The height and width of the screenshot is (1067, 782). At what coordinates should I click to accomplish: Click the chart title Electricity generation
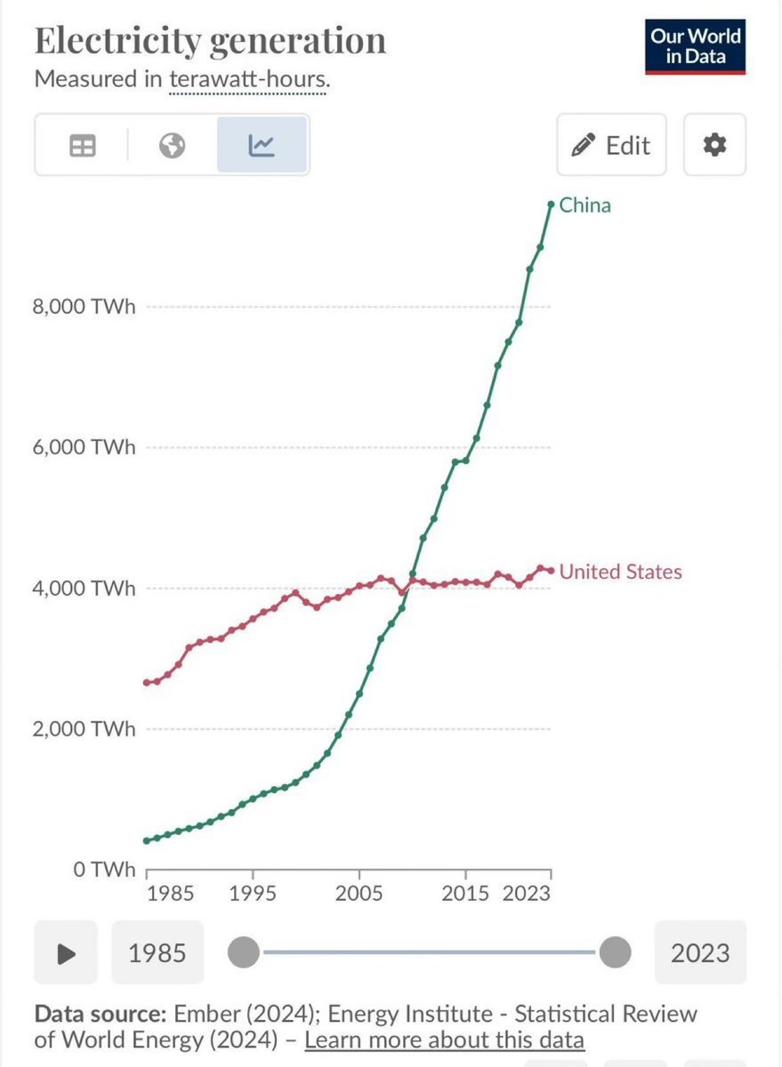(210, 42)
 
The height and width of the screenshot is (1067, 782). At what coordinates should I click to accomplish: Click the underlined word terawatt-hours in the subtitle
(248, 78)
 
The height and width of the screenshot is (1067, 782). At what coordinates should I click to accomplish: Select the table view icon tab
(83, 145)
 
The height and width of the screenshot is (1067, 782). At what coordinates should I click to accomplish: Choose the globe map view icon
(173, 145)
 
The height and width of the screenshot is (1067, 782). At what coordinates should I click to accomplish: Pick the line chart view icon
(262, 145)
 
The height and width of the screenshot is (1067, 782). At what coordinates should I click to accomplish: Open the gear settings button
(714, 145)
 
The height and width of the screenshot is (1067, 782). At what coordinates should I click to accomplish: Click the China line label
(585, 205)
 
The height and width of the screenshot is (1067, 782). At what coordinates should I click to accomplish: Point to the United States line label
(620, 572)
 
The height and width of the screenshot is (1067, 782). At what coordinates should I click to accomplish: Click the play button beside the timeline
(67, 953)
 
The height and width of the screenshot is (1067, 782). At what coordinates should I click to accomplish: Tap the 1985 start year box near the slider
(157, 953)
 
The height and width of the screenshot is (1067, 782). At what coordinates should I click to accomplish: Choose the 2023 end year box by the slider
(700, 953)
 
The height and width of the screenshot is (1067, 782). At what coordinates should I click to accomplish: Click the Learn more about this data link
(444, 1039)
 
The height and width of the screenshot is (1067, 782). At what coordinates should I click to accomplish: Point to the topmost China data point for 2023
(551, 205)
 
